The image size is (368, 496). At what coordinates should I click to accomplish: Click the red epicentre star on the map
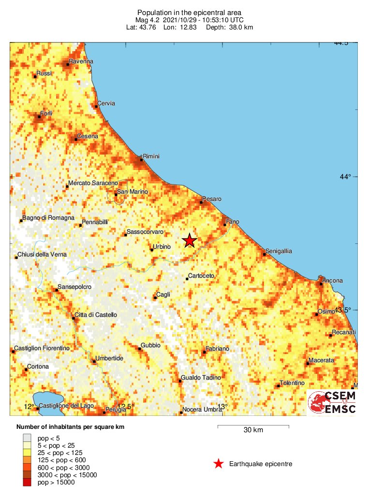(190, 240)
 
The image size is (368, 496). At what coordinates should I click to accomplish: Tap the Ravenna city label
(81, 61)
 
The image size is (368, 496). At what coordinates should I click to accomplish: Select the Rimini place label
(151, 156)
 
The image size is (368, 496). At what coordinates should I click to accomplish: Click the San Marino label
(132, 192)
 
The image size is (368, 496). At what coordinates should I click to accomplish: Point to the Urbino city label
(162, 247)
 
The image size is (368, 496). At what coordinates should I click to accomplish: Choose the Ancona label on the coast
(333, 280)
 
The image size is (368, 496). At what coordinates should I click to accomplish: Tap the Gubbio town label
(150, 345)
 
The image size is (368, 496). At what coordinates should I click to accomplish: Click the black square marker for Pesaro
(201, 202)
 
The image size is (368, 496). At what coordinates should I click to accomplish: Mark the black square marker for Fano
(225, 224)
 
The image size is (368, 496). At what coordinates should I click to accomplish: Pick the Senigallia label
(280, 252)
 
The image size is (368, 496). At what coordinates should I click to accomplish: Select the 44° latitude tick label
(344, 177)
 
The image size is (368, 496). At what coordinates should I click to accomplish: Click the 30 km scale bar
(253, 426)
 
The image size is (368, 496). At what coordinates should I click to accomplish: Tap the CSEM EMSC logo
(332, 402)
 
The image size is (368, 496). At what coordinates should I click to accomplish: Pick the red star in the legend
(219, 464)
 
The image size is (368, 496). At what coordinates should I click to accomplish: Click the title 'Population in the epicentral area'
(189, 13)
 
